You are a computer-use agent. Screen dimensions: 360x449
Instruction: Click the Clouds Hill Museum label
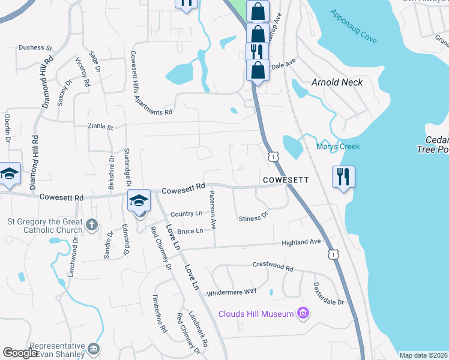[256, 314]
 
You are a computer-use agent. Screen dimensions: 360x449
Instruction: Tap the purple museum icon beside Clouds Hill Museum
[303, 314]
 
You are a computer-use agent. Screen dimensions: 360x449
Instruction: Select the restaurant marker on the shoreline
[343, 177]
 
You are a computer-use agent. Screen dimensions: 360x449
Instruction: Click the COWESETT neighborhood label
[285, 180]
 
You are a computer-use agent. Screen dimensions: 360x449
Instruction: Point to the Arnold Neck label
[337, 82]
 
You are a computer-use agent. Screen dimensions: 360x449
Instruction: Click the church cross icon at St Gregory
[91, 225]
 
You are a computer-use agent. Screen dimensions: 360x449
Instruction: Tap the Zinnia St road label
[101, 127]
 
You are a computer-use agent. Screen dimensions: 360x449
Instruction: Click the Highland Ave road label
[303, 242]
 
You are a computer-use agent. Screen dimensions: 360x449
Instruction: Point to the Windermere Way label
[231, 292]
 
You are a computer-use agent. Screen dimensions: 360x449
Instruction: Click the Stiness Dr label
[253, 217]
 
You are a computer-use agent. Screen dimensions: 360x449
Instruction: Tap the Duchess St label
[35, 47]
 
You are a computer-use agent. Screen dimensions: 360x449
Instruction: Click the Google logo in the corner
[20, 353]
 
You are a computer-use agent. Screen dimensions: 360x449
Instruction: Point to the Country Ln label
[186, 214]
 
